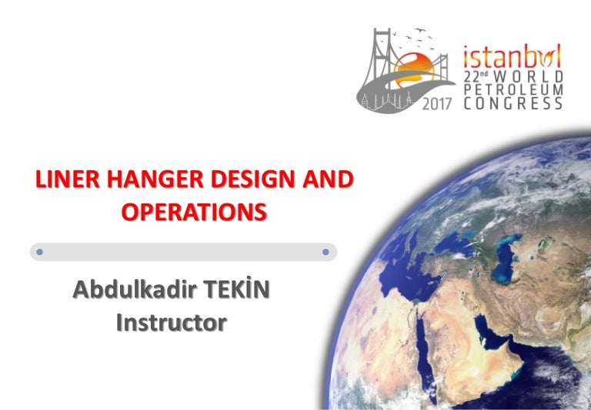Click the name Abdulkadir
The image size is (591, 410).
[132, 292]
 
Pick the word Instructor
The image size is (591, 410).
[171, 322]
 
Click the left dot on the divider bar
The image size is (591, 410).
[40, 252]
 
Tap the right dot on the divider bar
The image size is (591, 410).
[326, 252]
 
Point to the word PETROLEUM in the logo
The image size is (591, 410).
[514, 90]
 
